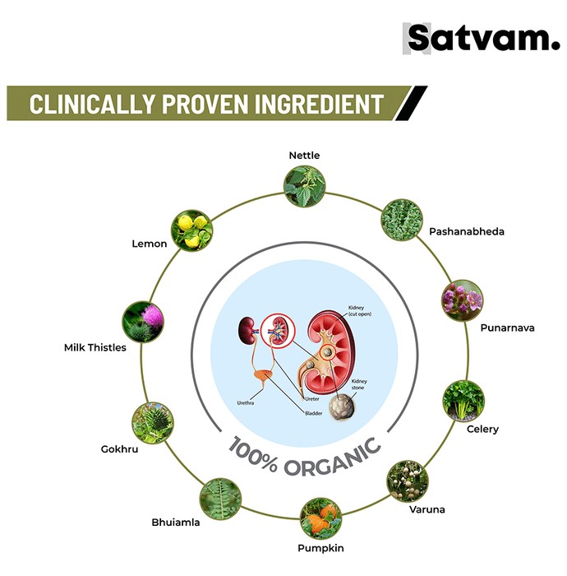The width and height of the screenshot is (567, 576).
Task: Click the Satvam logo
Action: click(x=482, y=38)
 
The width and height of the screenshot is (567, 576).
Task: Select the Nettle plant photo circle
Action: click(x=304, y=186)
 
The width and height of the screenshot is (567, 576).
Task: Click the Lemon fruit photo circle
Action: click(x=191, y=230)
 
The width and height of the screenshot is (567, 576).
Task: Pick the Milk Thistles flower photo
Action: click(x=143, y=322)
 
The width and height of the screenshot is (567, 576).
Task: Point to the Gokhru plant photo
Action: click(x=153, y=423)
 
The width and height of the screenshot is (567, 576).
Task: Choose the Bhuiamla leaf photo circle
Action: click(x=220, y=499)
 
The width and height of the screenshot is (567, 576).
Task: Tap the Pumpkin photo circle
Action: click(x=321, y=518)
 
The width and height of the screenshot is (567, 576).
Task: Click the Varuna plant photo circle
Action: click(x=408, y=481)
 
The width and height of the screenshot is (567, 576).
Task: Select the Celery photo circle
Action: click(x=463, y=402)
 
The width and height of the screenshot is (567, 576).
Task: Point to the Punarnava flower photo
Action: click(x=462, y=300)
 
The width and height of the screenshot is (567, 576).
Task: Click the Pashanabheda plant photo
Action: click(x=402, y=220)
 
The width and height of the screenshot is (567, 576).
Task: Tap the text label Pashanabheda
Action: click(x=467, y=231)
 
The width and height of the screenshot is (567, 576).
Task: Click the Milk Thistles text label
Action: click(x=95, y=347)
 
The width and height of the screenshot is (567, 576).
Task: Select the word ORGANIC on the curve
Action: click(x=332, y=458)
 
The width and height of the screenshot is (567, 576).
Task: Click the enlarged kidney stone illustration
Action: click(x=342, y=407)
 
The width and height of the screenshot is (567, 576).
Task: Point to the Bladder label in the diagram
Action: click(x=314, y=413)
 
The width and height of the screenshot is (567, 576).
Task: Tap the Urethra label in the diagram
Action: click(x=246, y=403)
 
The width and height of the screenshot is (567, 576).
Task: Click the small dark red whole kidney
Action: click(x=247, y=330)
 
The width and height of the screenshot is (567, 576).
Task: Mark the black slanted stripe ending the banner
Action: click(x=411, y=103)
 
